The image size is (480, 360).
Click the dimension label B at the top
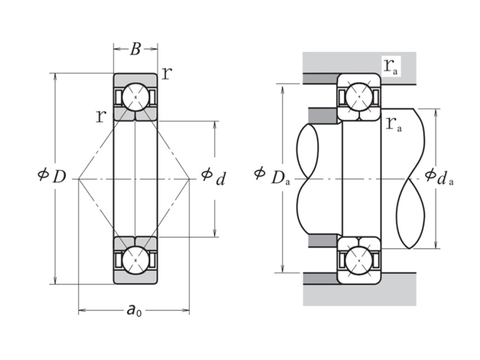136,49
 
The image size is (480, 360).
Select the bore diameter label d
220,179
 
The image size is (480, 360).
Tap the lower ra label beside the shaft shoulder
393,124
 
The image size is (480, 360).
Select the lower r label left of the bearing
101,115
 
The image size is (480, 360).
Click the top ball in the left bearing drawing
135,97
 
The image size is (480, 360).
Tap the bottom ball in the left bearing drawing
135,260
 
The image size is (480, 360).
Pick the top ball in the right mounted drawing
358,97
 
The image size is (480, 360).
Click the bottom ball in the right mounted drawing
358,260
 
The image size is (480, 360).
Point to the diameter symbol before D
43,176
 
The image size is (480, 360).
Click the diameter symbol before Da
259,173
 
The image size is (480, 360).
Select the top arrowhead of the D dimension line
55,76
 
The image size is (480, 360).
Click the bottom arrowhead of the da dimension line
437,245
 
